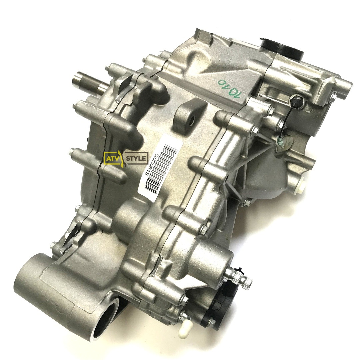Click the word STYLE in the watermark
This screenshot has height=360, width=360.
tap(136, 158)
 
